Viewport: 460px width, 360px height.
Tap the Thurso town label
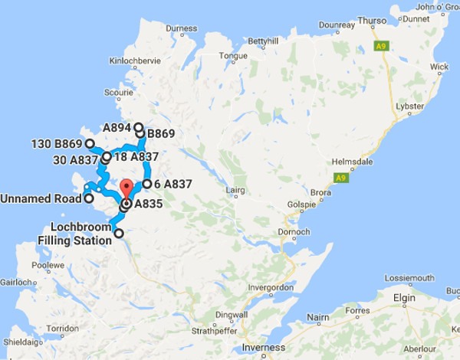click(x=376, y=21)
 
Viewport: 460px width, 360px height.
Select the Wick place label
click(x=439, y=67)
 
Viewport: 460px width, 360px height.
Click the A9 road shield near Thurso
click(x=380, y=47)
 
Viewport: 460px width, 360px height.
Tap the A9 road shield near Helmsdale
click(x=338, y=178)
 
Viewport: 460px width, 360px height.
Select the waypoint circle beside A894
click(x=139, y=127)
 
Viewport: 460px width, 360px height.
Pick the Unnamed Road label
click(x=41, y=198)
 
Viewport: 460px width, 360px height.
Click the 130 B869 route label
click(x=57, y=143)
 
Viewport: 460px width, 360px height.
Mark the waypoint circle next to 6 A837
click(x=146, y=184)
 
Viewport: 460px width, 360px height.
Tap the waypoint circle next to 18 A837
click(x=107, y=156)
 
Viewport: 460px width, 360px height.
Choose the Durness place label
click(x=181, y=29)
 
